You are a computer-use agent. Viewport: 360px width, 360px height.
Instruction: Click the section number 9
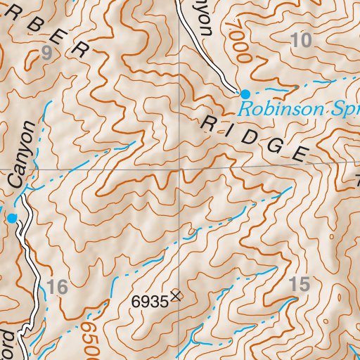(48, 52)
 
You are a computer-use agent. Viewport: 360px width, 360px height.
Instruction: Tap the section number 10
(300, 41)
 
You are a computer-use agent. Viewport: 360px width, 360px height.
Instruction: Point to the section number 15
(299, 285)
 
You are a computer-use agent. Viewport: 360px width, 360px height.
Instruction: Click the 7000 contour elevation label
(238, 43)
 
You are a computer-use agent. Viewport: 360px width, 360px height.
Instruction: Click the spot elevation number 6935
(150, 301)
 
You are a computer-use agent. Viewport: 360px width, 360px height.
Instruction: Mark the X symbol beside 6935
(174, 297)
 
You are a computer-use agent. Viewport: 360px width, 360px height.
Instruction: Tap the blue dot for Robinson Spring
(245, 94)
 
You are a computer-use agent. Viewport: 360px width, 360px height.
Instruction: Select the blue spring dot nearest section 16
(12, 219)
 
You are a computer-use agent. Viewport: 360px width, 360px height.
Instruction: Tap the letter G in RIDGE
(276, 144)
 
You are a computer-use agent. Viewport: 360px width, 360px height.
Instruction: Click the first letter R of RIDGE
(209, 124)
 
